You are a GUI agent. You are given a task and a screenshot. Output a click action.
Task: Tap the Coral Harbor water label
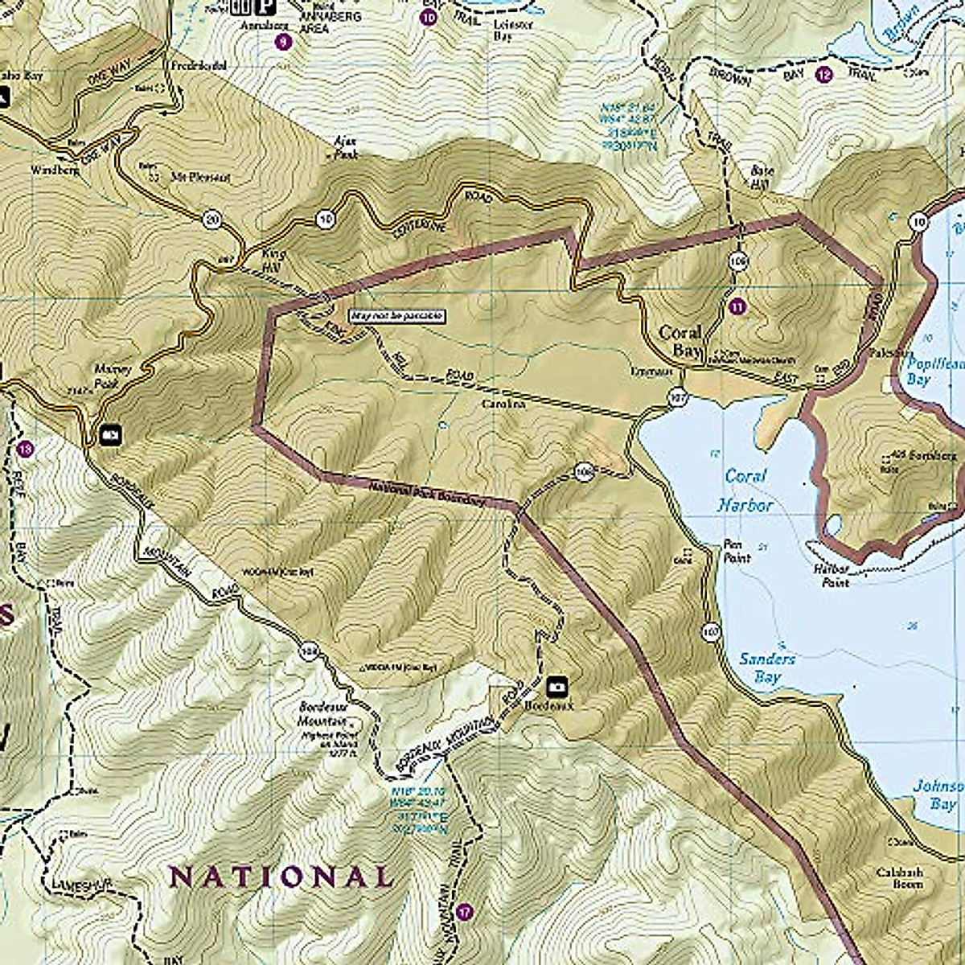coord(748,491)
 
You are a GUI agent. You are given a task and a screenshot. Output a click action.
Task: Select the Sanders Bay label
coord(767,667)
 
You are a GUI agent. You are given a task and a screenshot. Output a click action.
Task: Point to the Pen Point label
coord(737,550)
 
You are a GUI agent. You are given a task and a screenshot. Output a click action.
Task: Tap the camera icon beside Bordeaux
coord(556,687)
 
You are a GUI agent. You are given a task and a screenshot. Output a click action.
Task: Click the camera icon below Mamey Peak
coord(109,435)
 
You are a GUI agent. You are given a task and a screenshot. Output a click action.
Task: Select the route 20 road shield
coord(211,220)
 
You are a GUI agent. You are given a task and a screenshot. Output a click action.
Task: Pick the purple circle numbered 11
coord(737,306)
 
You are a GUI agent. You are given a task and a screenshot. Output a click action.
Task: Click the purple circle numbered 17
coord(463,912)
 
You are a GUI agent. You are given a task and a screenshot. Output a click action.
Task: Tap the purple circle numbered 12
coord(823,76)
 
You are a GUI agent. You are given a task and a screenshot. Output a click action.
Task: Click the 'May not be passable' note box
coord(396,316)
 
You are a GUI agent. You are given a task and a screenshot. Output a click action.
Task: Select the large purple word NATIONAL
coord(281,876)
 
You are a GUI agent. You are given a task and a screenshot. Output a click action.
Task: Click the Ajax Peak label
coord(345,146)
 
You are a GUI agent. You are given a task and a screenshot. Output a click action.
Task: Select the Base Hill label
coord(761,177)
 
